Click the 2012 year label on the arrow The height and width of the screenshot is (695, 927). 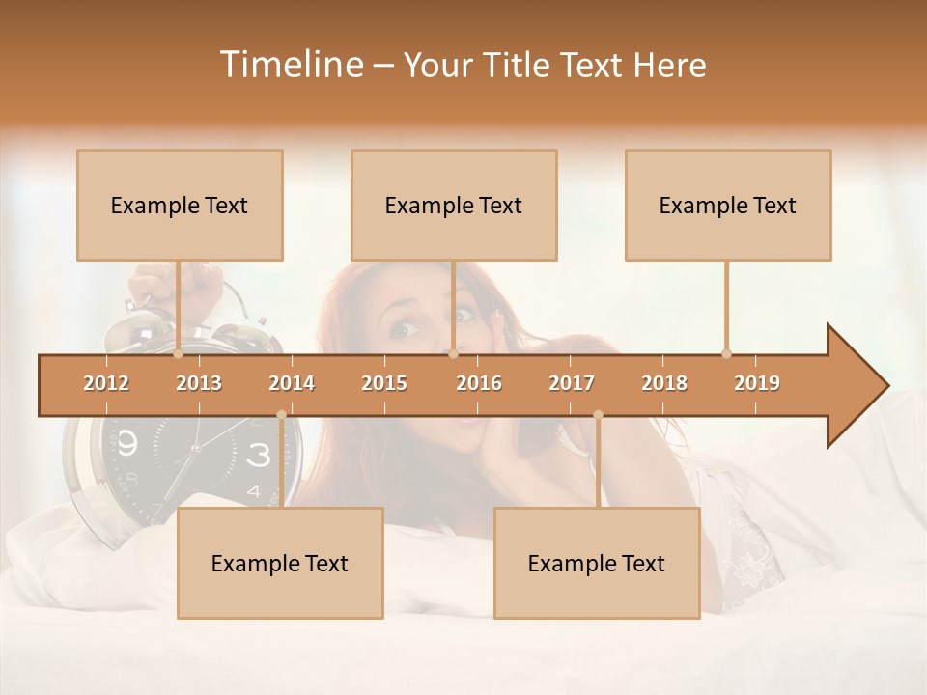point(106,383)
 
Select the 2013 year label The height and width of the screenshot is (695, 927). point(199,383)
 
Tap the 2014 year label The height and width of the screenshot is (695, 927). point(292,383)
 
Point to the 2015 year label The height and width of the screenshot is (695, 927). point(384,383)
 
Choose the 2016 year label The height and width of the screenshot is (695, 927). point(479,383)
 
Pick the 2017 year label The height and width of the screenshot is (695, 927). point(572,383)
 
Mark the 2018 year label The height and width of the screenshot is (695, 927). point(664,383)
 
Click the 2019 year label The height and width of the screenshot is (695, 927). point(757,383)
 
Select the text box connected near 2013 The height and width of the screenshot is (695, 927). point(180,205)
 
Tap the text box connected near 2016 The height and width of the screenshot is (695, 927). point(454,205)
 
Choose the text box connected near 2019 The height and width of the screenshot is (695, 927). point(728,205)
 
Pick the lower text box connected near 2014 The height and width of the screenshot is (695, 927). point(280,563)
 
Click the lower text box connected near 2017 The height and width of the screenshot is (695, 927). point(597,563)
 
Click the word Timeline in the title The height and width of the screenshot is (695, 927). point(291,65)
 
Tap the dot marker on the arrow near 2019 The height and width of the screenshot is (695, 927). point(726,353)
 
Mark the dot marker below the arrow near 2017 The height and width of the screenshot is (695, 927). point(598,415)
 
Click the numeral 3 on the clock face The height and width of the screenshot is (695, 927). point(259,455)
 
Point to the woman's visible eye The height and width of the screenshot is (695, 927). point(401,329)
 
